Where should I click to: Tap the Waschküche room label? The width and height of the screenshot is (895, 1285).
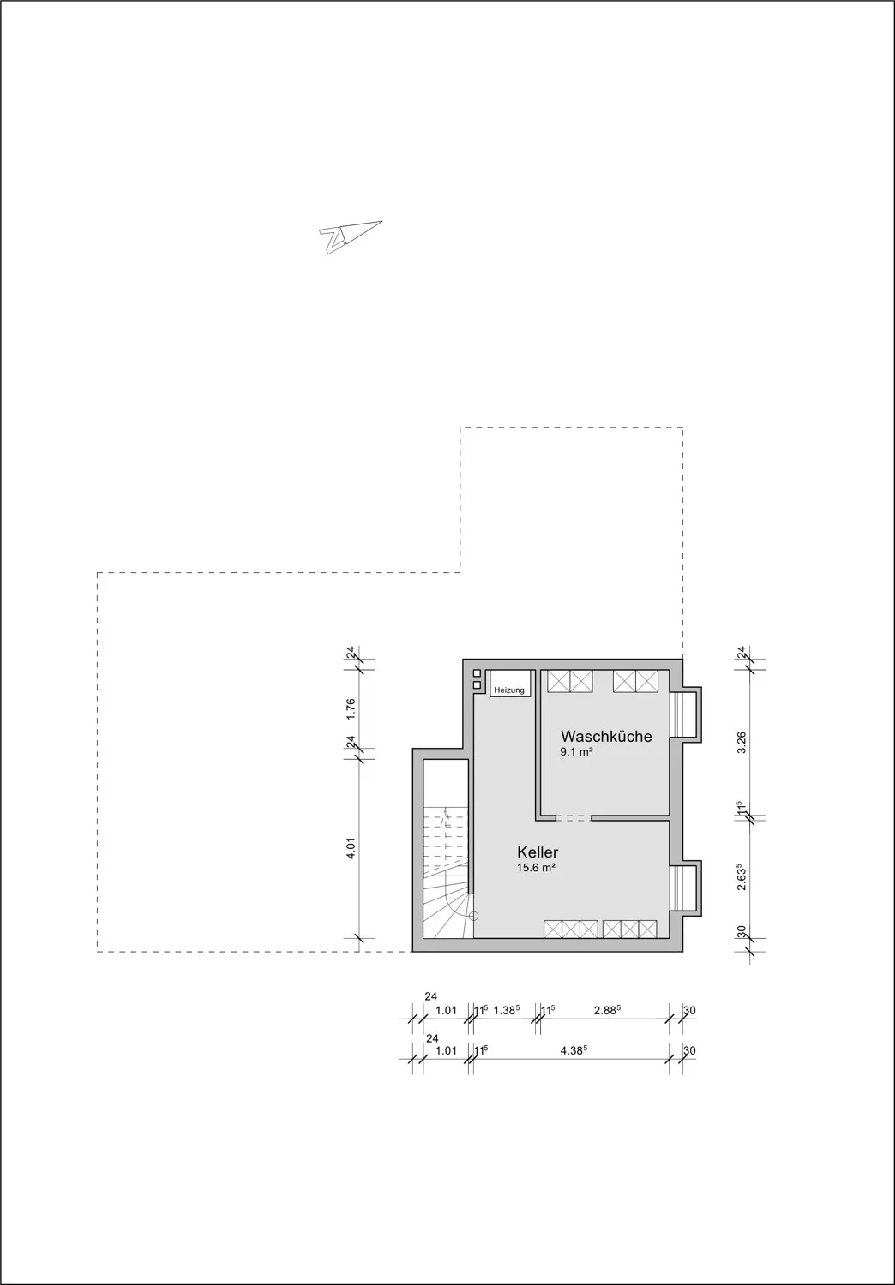606,736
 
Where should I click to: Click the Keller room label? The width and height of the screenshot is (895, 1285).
538,852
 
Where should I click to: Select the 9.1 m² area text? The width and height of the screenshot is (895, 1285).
577,752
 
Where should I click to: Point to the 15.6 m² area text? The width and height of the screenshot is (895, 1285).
536,868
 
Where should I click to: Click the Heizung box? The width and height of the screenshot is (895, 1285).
509,689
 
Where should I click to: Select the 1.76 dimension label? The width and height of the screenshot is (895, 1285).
350,708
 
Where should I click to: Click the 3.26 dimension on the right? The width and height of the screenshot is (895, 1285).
742,742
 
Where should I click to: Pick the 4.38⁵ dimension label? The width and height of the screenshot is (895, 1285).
574,1050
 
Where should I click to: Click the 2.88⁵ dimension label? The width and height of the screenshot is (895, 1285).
607,1011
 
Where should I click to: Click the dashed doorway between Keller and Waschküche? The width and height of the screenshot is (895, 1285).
573,818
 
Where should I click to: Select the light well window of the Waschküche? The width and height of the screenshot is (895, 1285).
685,713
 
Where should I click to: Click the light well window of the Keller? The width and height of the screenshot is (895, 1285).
685,888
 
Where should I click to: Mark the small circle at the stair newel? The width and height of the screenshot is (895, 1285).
471,915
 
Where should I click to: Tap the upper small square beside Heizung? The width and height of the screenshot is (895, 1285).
476,673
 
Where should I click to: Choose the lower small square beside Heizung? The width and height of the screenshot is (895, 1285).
476,685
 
